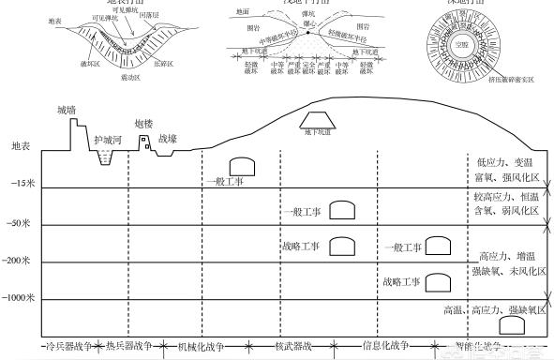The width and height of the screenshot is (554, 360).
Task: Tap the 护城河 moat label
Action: pos(110,140)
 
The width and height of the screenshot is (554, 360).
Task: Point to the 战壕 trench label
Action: pos(168,138)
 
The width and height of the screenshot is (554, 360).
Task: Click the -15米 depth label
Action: pos(23,184)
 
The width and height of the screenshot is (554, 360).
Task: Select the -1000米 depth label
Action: pos(20,298)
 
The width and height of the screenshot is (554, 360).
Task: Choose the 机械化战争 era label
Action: pos(202,347)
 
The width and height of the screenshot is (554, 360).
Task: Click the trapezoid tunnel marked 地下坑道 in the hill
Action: pos(320,120)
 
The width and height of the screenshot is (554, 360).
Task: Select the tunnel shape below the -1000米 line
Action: pos(510,324)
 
